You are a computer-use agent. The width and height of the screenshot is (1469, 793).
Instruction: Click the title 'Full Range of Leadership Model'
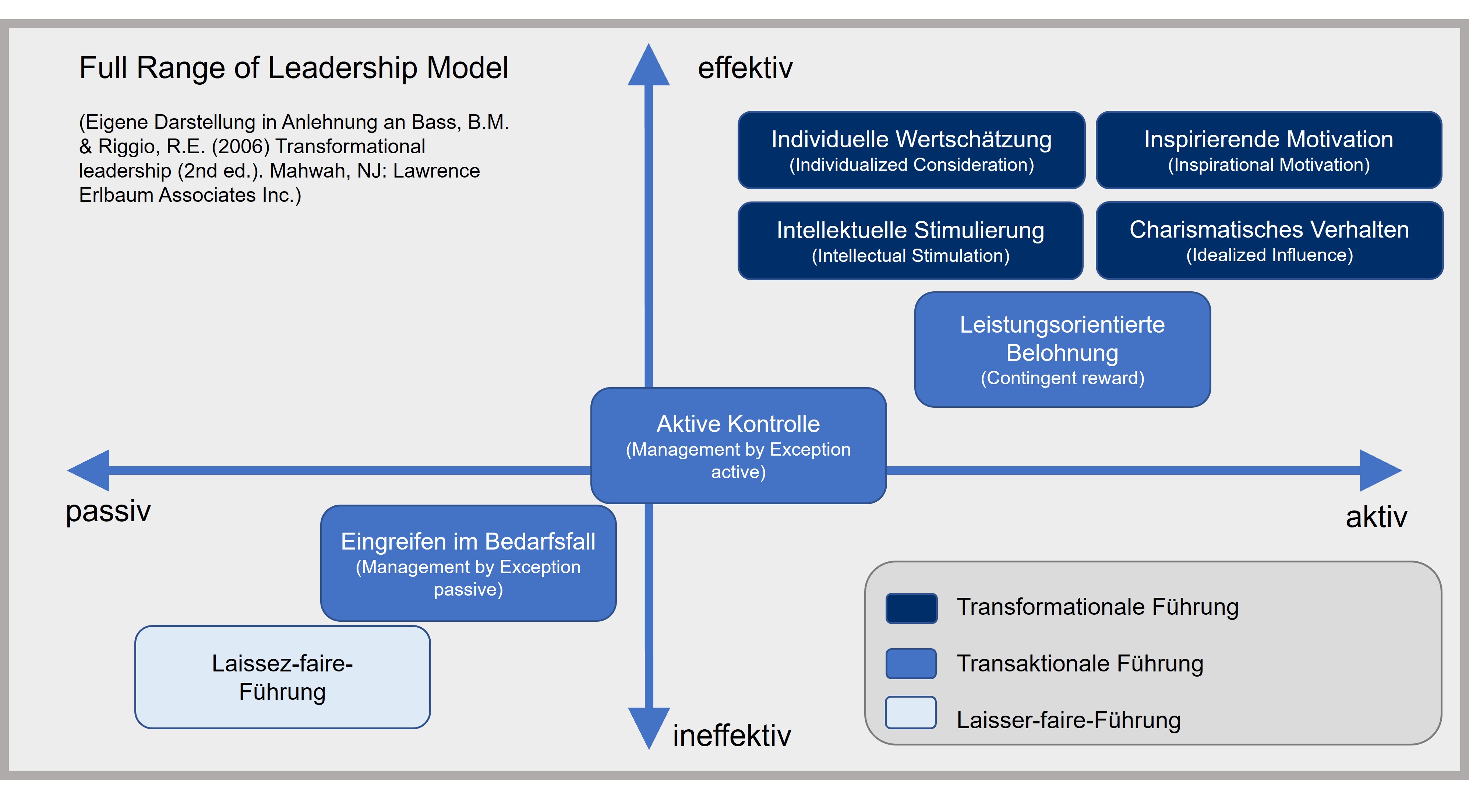pyautogui.click(x=293, y=68)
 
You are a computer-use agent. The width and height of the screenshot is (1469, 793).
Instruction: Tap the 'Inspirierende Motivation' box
pyautogui.click(x=1268, y=150)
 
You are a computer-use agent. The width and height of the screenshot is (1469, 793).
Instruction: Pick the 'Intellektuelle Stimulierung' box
pyautogui.click(x=910, y=241)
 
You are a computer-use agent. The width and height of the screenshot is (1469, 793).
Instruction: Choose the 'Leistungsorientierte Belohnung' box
pyautogui.click(x=1062, y=349)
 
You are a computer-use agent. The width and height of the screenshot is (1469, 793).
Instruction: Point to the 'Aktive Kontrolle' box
pyautogui.click(x=738, y=446)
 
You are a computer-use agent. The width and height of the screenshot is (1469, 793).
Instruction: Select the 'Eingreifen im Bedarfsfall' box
pyautogui.click(x=468, y=563)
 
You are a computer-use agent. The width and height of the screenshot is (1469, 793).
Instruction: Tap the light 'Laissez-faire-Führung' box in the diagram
pyautogui.click(x=282, y=677)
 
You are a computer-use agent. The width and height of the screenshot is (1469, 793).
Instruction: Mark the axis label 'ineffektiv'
pyautogui.click(x=732, y=735)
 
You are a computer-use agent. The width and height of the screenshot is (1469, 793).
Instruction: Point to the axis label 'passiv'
pyautogui.click(x=108, y=510)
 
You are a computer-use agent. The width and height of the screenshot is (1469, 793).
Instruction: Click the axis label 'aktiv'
pyautogui.click(x=1376, y=517)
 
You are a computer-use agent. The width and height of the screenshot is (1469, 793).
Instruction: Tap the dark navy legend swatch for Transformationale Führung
pyautogui.click(x=911, y=608)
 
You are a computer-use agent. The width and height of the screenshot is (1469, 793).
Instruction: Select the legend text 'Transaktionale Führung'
pyautogui.click(x=1080, y=663)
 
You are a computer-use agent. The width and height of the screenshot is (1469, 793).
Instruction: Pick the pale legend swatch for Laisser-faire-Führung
pyautogui.click(x=910, y=713)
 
